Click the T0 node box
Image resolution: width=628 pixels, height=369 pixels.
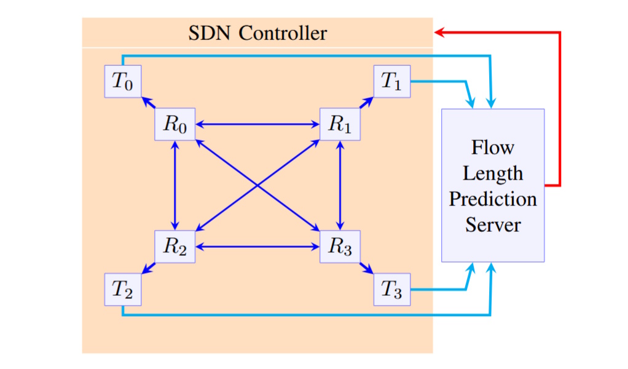pos(123,81)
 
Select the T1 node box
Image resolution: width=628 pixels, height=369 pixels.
pos(391,81)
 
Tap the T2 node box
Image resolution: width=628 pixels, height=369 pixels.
pos(123,289)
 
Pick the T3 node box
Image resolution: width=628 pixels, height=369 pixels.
pos(391,289)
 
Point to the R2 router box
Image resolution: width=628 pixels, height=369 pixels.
pos(175,247)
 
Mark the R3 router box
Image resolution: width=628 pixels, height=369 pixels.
pos(340,247)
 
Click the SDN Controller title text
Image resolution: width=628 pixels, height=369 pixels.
pos(257,33)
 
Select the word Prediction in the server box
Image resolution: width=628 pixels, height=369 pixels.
pos(493,199)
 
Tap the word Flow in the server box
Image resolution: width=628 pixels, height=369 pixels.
pos(493,148)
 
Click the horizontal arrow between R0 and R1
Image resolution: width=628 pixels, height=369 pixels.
pos(257,124)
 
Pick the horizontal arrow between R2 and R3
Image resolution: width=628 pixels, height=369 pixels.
pos(257,247)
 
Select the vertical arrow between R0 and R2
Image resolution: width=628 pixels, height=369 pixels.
pos(176,185)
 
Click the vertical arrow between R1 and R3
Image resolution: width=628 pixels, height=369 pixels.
pos(340,185)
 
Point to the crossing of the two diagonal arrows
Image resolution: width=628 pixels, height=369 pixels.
pos(257,185)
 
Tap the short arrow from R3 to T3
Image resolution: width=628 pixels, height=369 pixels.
pos(367,268)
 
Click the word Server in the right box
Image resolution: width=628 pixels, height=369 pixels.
pos(493,224)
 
